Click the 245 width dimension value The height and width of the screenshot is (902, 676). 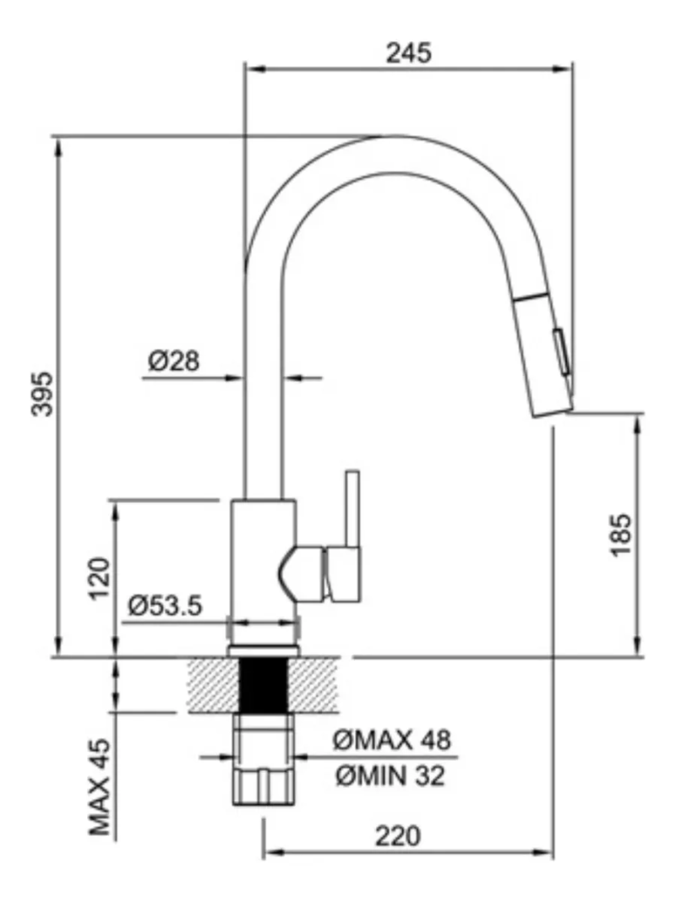(x=408, y=53)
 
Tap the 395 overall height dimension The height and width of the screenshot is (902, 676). (x=42, y=394)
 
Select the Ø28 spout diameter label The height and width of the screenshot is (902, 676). (x=174, y=361)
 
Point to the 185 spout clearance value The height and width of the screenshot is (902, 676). (x=621, y=535)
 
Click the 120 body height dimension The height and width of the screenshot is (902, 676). (x=99, y=579)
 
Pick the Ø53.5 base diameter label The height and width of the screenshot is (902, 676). (x=165, y=606)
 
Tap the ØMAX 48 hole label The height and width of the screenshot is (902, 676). (x=392, y=740)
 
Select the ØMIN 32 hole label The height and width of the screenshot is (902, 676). (x=390, y=776)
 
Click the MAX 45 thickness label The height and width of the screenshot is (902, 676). (x=100, y=787)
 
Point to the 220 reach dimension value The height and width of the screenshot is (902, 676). (x=398, y=836)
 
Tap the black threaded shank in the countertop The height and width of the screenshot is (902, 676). (x=263, y=685)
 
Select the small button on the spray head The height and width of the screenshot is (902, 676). (x=562, y=350)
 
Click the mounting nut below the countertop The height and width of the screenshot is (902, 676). (x=264, y=759)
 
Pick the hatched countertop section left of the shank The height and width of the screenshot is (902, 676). (x=214, y=685)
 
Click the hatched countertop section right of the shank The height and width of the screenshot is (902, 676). (x=313, y=685)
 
